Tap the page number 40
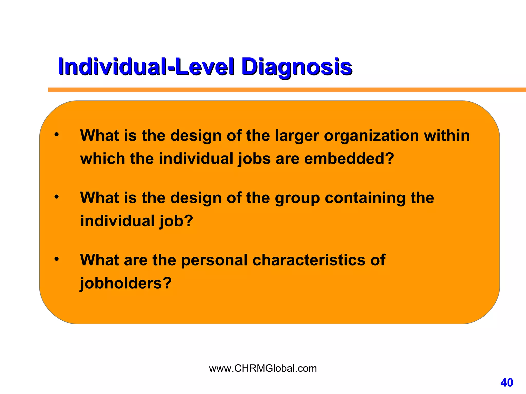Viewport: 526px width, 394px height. (x=506, y=383)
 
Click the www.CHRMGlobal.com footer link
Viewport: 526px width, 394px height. (x=263, y=368)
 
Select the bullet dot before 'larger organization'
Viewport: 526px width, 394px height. (x=57, y=134)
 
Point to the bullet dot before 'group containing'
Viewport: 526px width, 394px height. (x=57, y=197)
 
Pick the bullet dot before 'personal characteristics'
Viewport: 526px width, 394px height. (x=57, y=259)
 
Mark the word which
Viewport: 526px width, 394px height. (x=102, y=159)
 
